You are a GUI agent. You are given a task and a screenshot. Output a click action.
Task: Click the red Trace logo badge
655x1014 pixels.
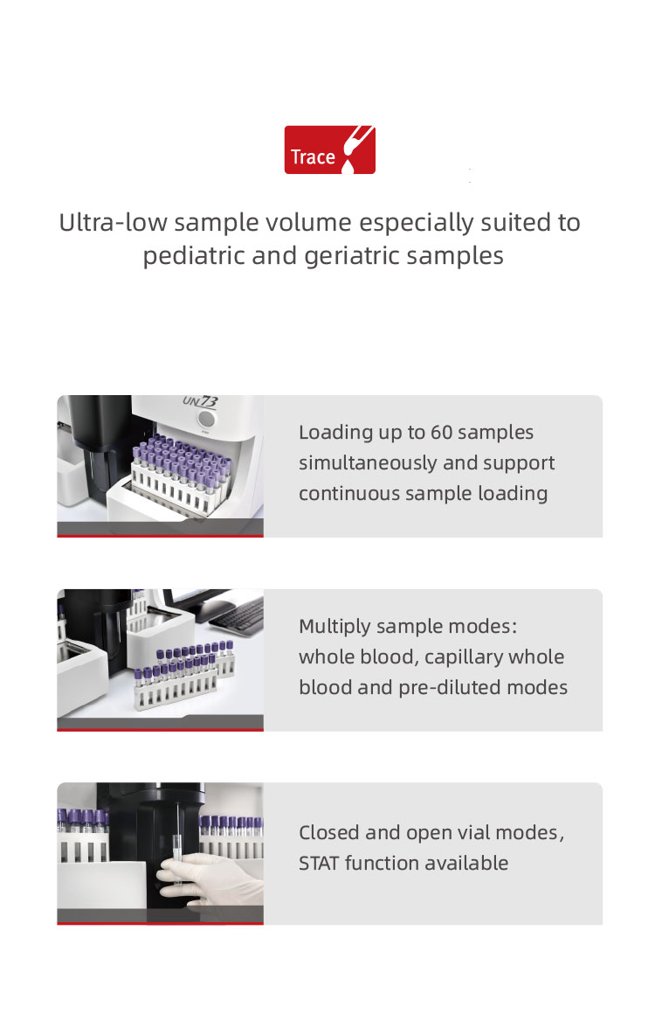[x=329, y=149]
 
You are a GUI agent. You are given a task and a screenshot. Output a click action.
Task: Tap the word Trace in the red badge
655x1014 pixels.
[x=313, y=157]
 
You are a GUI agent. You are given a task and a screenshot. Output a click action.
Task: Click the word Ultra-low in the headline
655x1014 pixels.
[x=113, y=222]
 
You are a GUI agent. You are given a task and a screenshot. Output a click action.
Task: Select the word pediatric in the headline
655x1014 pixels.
[x=194, y=256]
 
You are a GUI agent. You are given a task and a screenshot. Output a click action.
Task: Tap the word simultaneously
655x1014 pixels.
[x=368, y=463]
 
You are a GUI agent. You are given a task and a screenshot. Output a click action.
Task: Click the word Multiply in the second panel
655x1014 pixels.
[x=334, y=627]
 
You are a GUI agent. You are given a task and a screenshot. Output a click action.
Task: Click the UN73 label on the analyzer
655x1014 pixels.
[x=200, y=401]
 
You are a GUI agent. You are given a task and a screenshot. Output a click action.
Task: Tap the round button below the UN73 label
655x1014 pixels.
[x=206, y=419]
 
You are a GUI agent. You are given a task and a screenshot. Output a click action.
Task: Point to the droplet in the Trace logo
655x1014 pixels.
[x=348, y=167]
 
